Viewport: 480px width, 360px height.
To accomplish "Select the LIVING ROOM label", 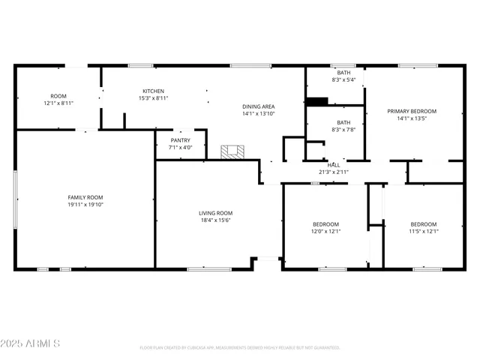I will coord(215,212).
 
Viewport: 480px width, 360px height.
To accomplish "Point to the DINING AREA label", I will coord(258,106).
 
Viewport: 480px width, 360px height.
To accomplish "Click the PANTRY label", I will coord(180,140).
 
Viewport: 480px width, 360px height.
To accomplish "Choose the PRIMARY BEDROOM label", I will coord(412,111).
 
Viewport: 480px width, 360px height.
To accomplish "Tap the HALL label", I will coord(334,165).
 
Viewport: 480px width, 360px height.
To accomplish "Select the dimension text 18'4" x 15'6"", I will coord(215,220).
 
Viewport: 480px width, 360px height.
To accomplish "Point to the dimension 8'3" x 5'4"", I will coord(343,79).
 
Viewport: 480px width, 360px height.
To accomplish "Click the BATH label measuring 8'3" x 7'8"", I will coord(343,122).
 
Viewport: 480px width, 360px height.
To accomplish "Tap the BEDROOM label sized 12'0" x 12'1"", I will coord(326,224).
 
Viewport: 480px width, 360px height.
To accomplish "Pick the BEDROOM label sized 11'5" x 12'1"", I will coord(424,224).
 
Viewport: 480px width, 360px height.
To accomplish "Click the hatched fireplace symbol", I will coord(232,151).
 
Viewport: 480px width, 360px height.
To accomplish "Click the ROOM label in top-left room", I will coord(58,96).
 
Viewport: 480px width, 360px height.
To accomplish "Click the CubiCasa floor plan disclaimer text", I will coord(240,347).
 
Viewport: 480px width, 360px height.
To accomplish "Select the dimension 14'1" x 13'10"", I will coord(258,114).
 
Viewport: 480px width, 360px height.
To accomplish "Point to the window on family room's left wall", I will coord(16,199).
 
